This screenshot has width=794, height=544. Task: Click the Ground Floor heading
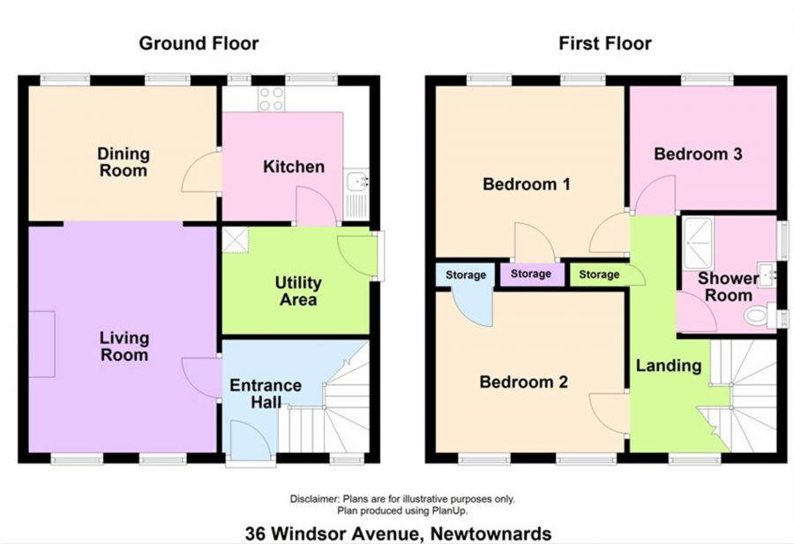tap(198, 43)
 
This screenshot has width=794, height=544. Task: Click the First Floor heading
tap(605, 43)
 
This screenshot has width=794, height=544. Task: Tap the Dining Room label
tap(124, 162)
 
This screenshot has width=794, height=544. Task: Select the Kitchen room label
tap(294, 167)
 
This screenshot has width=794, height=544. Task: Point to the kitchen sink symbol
tap(356, 183)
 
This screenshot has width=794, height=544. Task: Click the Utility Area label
tap(298, 292)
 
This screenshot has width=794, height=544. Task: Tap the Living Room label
tap(124, 347)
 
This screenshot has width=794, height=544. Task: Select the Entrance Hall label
tap(265, 394)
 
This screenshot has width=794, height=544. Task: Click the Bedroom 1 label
tap(527, 185)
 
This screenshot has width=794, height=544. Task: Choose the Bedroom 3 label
tap(698, 154)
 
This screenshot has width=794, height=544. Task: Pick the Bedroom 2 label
tap(523, 383)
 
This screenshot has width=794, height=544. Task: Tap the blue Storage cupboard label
tap(465, 276)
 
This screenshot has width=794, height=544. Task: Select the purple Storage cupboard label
tap(531, 274)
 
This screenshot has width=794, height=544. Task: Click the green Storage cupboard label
tap(599, 275)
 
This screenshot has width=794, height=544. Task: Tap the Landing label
tap(669, 365)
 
